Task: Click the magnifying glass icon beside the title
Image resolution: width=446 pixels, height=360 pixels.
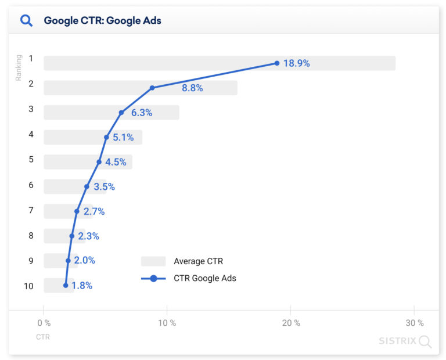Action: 26,21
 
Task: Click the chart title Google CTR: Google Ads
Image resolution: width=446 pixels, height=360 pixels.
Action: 102,21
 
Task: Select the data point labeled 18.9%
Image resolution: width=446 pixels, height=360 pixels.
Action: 277,63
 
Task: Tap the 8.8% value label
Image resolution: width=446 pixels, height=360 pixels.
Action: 192,88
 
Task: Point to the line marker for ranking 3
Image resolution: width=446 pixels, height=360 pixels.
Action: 121,113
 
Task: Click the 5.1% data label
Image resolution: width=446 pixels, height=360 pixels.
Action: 123,138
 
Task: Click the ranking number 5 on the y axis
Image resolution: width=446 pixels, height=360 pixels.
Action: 31,160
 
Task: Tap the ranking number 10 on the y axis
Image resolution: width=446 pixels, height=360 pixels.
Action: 28,286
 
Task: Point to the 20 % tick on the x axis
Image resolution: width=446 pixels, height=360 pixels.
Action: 290,323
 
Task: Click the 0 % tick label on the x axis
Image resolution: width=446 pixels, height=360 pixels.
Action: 44,323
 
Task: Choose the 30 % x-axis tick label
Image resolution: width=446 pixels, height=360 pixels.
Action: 414,323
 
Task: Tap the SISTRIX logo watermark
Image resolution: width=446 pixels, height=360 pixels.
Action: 405,341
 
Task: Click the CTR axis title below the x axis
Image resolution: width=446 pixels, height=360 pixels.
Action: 43,337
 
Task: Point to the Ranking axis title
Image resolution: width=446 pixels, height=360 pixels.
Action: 19,67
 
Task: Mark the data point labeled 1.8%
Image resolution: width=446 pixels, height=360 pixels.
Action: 66,286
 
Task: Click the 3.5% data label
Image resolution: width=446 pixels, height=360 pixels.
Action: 105,187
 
